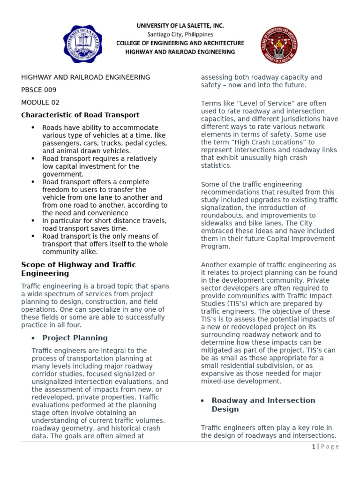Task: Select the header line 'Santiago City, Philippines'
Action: point(180,34)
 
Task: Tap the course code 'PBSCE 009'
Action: point(39,90)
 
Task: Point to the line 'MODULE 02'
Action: point(40,102)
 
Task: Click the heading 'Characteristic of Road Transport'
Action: point(80,115)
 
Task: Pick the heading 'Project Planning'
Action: point(75,337)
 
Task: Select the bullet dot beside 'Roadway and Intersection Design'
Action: point(202,400)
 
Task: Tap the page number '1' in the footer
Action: point(313,446)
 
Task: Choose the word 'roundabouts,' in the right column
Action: point(223,215)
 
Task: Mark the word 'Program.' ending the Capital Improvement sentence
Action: point(215,246)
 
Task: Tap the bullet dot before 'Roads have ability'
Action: point(33,127)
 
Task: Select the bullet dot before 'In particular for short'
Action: point(33,220)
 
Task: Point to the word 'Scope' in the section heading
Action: point(31,264)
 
